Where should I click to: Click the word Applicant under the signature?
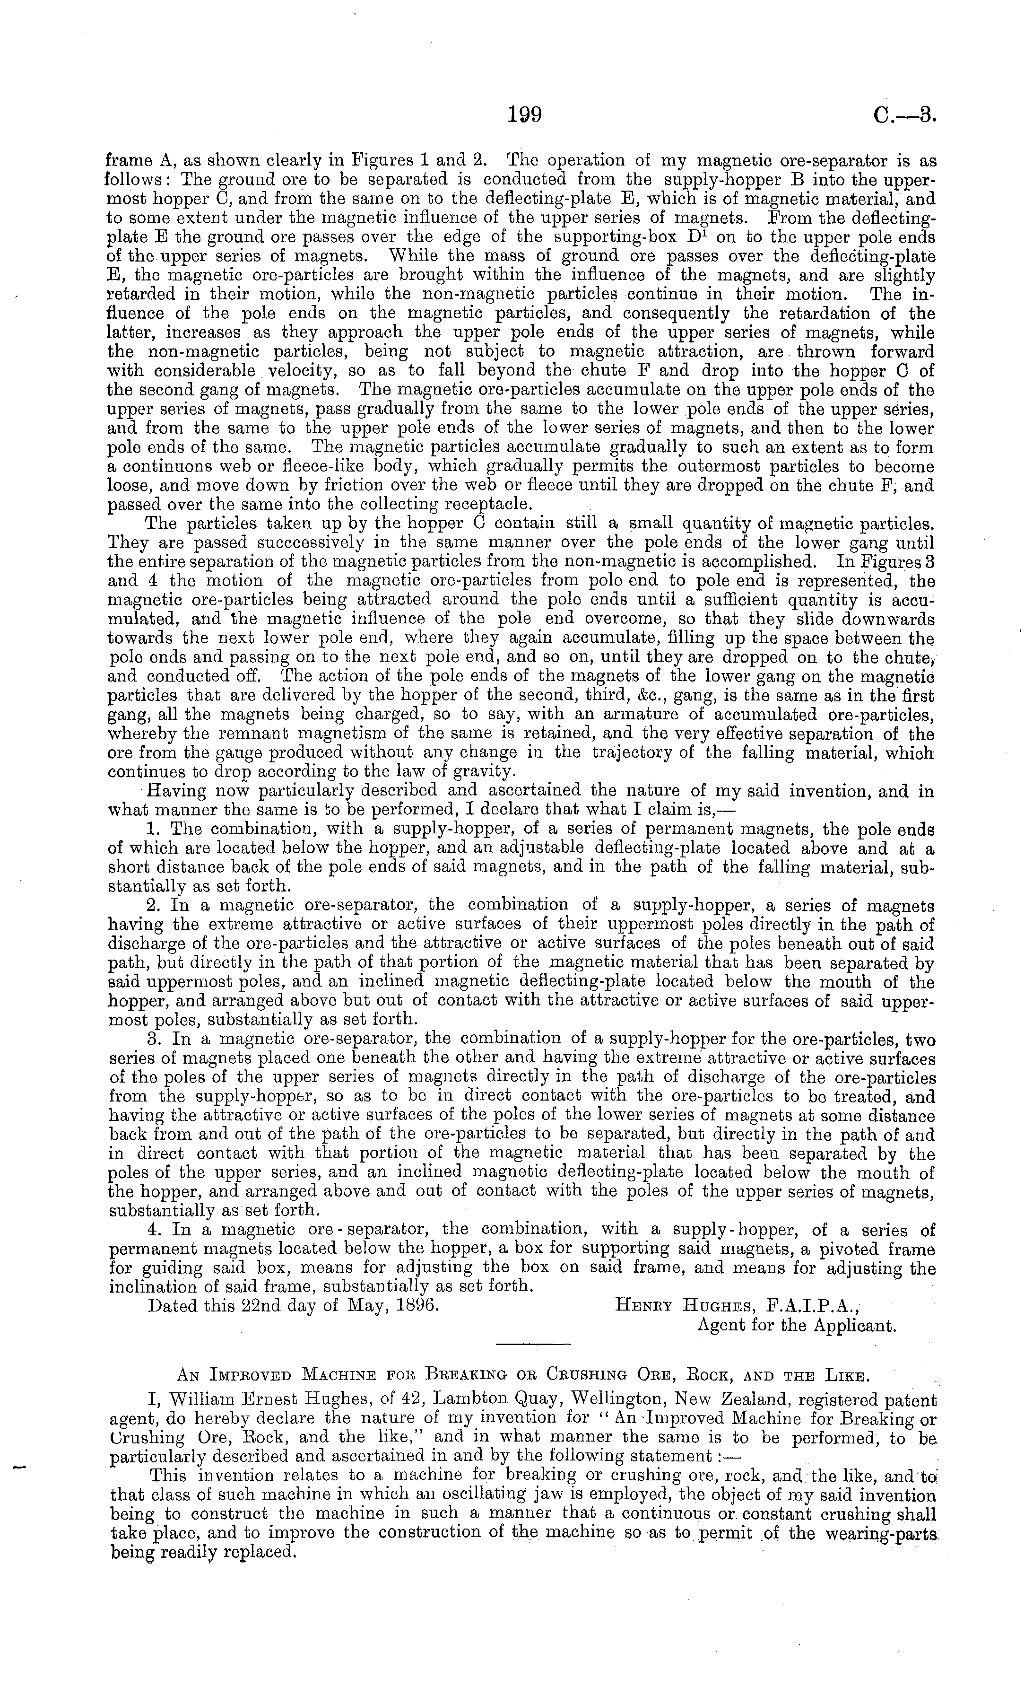(854, 1325)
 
